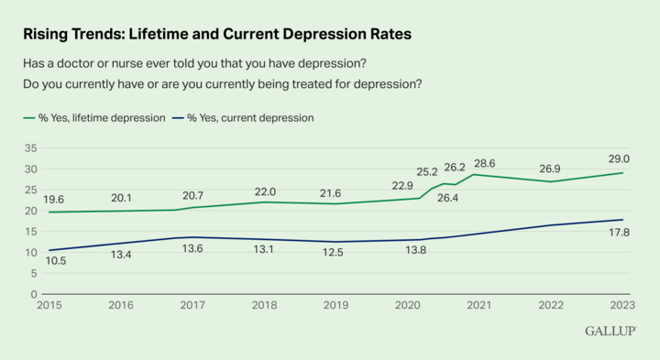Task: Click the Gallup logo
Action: [x=610, y=330]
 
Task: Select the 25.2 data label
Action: [x=427, y=171]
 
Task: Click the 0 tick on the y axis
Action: [x=33, y=294]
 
